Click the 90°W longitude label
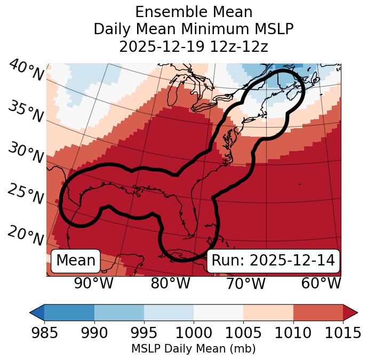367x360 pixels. pyautogui.click(x=94, y=283)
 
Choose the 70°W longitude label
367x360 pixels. pyautogui.click(x=246, y=283)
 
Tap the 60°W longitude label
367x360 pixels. pyautogui.click(x=321, y=283)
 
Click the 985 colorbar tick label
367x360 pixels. pyautogui.click(x=44, y=333)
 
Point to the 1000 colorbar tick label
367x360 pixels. pyautogui.click(x=194, y=333)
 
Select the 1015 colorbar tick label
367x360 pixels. pyautogui.click(x=343, y=333)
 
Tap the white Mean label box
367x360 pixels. pyautogui.click(x=76, y=261)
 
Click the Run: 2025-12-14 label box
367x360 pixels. pyautogui.click(x=273, y=261)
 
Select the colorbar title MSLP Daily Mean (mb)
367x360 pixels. pyautogui.click(x=194, y=349)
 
